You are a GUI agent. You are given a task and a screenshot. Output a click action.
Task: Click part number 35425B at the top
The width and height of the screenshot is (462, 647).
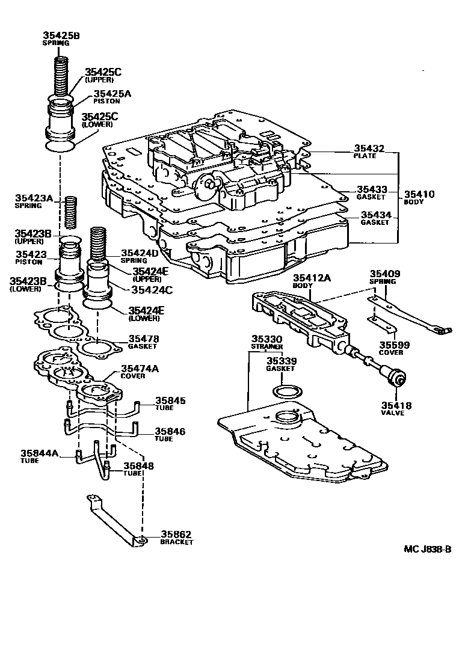[61, 35]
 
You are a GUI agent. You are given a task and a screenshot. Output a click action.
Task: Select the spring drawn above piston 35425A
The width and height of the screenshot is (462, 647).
[62, 75]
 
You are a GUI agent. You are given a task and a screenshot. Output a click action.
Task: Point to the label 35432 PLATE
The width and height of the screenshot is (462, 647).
[369, 148]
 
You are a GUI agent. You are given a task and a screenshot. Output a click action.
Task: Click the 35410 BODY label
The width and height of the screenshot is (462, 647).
[419, 194]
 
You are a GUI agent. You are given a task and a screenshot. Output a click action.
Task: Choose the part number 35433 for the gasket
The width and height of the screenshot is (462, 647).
[371, 189]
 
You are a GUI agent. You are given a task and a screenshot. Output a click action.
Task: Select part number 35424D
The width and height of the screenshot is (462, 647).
[140, 253]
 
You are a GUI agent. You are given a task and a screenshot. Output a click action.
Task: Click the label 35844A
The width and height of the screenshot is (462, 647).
[40, 453]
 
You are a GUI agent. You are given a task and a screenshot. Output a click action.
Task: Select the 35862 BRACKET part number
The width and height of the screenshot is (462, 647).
[176, 534]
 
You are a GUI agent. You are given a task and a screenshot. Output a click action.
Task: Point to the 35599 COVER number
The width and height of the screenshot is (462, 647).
[394, 345]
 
